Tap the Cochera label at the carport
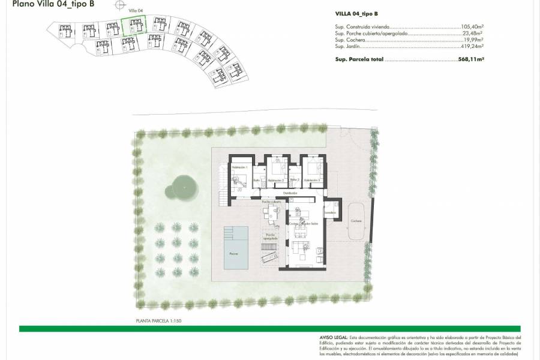356,221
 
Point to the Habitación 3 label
311,180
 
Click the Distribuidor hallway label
291,193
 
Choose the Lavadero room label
329,212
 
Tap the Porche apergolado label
270,236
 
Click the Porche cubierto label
271,202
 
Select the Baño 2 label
294,179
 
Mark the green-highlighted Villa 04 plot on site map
134,27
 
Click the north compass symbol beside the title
122,5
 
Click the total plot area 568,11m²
470,59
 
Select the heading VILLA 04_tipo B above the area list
356,13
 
